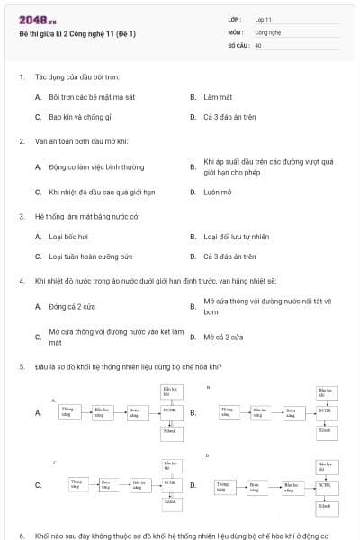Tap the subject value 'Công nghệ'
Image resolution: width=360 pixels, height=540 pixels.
[269, 31]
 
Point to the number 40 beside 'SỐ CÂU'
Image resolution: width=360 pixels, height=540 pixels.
[258, 44]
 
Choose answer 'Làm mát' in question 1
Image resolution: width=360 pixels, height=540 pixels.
[218, 96]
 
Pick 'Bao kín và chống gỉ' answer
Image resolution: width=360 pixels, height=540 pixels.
[80, 117]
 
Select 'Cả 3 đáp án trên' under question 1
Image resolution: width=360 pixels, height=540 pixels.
[229, 117]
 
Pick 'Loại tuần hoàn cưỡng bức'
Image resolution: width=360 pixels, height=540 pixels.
[90, 256]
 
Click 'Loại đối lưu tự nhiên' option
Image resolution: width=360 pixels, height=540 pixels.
[236, 237]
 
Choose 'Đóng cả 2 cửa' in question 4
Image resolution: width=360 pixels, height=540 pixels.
[72, 306]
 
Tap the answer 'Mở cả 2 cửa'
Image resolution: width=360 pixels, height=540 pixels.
[223, 337]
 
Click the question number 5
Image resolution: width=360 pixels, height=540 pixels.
[21, 366]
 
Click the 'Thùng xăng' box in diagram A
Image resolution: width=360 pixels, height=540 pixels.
[67, 412]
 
